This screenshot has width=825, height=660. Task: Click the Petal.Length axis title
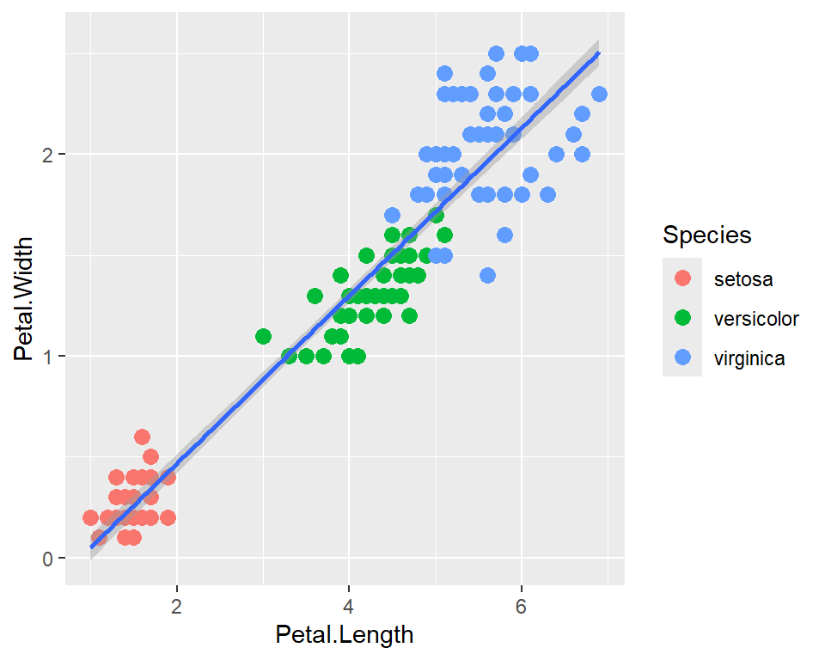344,635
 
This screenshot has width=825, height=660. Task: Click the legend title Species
706,235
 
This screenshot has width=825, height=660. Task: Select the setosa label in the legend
742,279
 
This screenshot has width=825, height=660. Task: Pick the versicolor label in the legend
756,319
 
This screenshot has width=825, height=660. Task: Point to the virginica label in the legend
749,358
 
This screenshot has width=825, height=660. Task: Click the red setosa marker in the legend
682,279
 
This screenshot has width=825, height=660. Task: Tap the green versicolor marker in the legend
682,319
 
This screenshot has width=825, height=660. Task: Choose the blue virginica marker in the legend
682,358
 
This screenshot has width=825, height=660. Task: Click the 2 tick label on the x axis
177,605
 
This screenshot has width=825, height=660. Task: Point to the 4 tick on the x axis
349,605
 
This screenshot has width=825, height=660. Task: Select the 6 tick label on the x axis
521,605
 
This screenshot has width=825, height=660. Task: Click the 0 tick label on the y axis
49,559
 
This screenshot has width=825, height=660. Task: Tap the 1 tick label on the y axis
49,357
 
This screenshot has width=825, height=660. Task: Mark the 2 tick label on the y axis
49,155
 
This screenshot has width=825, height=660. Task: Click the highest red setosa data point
143,437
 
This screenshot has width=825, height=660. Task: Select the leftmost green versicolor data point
263,336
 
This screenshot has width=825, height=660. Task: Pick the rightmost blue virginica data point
599,94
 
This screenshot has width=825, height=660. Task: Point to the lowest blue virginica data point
487,275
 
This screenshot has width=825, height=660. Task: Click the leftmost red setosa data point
90,517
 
